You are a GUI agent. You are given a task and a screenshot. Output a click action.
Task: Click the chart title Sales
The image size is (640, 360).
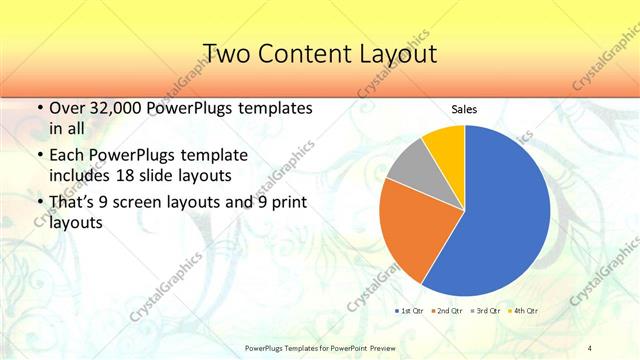[464, 107]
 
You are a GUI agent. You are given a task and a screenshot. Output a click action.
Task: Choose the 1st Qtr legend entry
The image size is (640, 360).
[410, 311]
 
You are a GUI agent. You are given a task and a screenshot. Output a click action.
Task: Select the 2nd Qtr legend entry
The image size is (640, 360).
[448, 311]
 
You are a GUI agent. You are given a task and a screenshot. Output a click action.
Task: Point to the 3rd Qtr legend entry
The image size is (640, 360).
[487, 311]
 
